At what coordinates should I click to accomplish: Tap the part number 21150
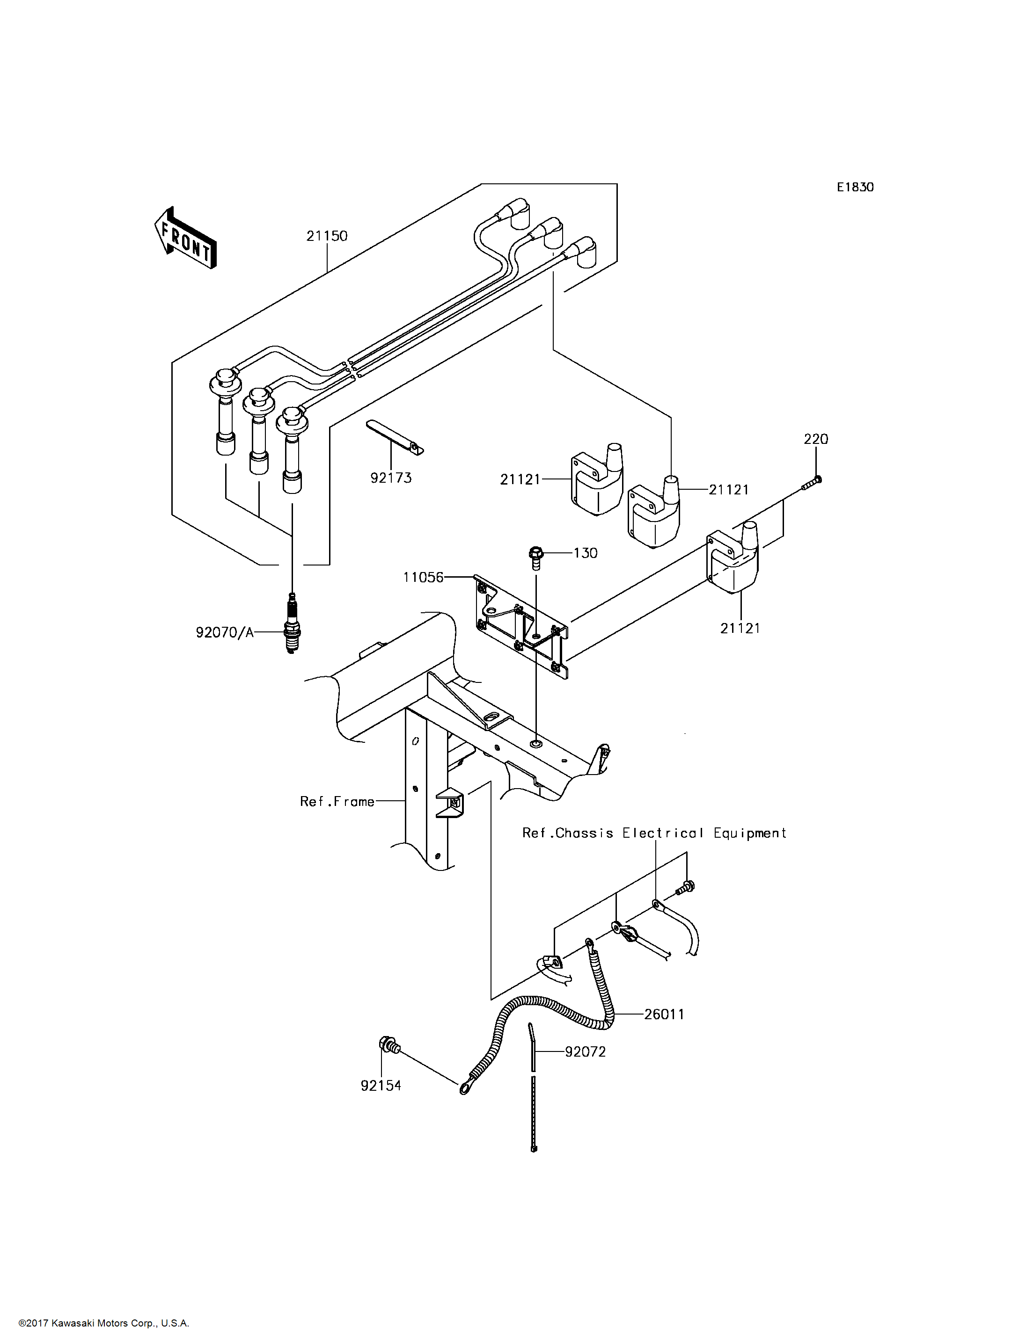(x=327, y=236)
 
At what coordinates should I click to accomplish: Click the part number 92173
(x=391, y=478)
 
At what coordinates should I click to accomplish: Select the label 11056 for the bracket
(x=423, y=577)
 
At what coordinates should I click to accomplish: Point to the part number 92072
(x=585, y=1051)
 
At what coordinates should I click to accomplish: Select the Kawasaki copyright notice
(x=104, y=1323)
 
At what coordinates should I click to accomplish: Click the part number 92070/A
(x=225, y=633)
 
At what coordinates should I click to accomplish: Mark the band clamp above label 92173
(x=395, y=438)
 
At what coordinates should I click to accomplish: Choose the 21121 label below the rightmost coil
(x=740, y=628)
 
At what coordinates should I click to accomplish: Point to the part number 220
(x=816, y=440)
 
